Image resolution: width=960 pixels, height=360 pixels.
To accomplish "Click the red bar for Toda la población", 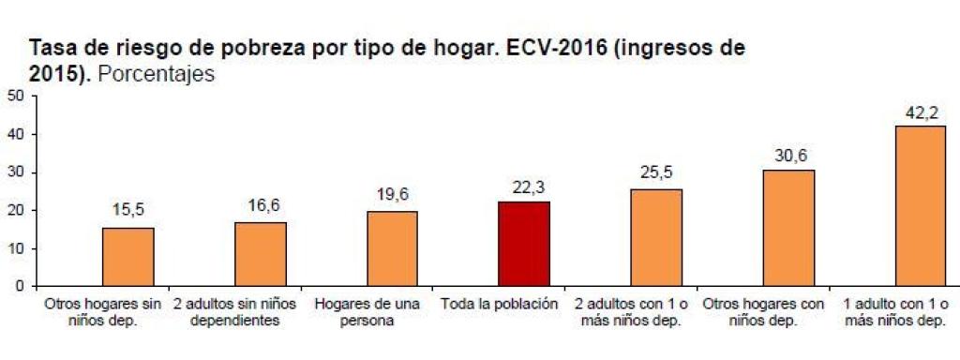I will pyautogui.click(x=523, y=244).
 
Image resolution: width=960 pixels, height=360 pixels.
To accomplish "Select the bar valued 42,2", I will pyautogui.click(x=920, y=206).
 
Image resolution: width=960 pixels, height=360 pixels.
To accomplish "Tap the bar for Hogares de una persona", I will pyautogui.click(x=392, y=248).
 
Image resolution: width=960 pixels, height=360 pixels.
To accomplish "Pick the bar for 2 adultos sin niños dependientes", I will pyautogui.click(x=260, y=254).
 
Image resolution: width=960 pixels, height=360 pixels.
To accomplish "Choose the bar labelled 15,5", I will pyautogui.click(x=127, y=257).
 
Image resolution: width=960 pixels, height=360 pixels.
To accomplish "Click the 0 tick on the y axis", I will pyautogui.click(x=20, y=287).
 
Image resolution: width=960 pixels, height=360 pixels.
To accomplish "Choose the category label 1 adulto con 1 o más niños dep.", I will pyautogui.click(x=895, y=313).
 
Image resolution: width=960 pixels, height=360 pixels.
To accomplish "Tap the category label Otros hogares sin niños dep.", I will pyautogui.click(x=103, y=313).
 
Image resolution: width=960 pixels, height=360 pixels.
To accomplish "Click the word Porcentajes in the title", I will pyautogui.click(x=156, y=75).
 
